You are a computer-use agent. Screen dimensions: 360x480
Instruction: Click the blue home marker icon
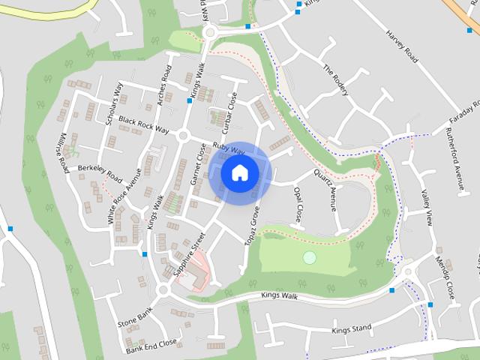click(x=239, y=173)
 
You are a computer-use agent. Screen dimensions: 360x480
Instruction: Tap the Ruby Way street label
click(x=229, y=148)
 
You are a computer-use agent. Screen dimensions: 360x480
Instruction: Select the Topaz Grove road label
click(x=252, y=223)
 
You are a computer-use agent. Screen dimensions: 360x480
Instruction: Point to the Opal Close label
click(x=298, y=205)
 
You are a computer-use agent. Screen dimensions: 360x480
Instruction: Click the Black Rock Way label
click(x=143, y=124)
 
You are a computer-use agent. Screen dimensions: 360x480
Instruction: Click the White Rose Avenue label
click(x=124, y=195)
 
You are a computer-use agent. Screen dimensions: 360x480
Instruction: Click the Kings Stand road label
click(x=351, y=329)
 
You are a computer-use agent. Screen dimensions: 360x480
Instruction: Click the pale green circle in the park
click(x=309, y=258)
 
